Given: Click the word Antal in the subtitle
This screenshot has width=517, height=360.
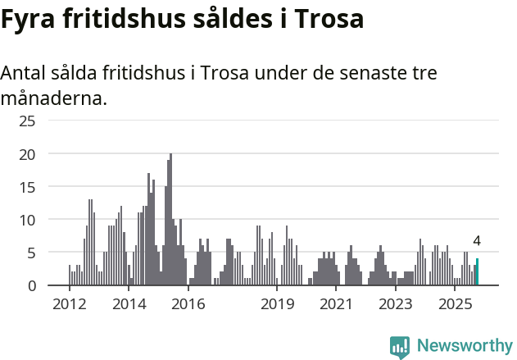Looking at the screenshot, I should (26, 73).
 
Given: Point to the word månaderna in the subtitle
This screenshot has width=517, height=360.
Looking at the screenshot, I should (53, 99).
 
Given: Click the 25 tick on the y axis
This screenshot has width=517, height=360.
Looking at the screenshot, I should (27, 121).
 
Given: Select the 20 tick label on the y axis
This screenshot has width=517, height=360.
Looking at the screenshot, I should (27, 154).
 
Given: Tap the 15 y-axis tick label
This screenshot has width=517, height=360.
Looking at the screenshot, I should (27, 187).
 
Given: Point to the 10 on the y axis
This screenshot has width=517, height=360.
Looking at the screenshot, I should (27, 220).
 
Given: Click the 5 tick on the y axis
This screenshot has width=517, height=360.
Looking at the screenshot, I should (31, 253).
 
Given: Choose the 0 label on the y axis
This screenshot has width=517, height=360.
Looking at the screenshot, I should (31, 285).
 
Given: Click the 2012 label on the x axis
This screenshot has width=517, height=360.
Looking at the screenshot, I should (69, 305).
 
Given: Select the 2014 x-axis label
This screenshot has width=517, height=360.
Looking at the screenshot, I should (129, 305).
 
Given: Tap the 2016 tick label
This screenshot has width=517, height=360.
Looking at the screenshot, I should (188, 305).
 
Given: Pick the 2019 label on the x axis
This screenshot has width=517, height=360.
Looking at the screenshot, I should (278, 305).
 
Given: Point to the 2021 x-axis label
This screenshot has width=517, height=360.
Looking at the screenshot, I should (337, 305).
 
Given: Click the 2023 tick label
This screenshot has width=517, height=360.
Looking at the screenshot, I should (397, 305).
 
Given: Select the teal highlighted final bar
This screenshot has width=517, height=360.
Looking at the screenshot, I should (477, 273).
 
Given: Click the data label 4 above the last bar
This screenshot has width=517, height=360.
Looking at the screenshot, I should (477, 242).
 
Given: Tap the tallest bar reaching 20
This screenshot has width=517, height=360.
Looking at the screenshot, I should (170, 220).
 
